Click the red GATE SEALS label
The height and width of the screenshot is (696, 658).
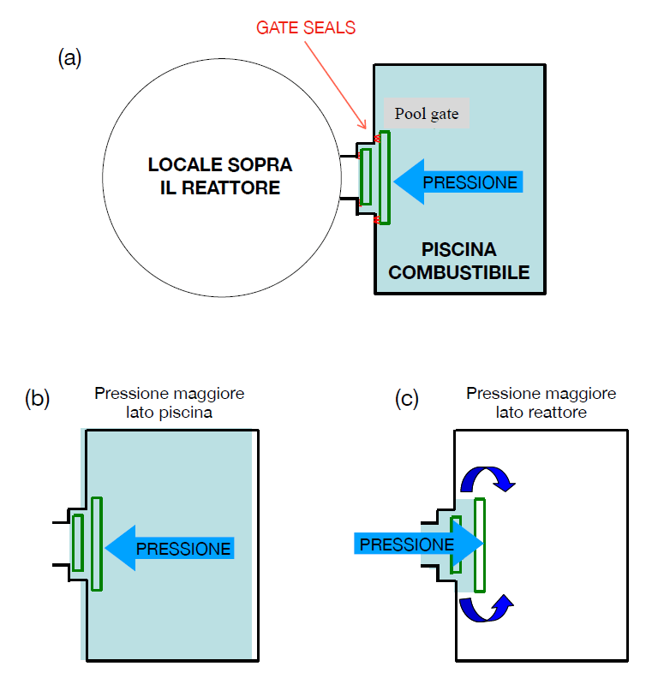coord(306,28)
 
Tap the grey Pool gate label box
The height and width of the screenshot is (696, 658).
coord(427,113)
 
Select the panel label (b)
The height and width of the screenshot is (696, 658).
coord(38,398)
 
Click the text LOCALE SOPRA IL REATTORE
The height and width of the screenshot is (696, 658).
coord(220,175)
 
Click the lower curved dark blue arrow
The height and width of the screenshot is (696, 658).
coord(488,609)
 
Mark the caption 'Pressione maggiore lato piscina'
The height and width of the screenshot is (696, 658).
coord(170,402)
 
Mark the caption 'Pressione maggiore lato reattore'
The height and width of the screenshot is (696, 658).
coord(541,402)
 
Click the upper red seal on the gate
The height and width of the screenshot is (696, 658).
coord(376,137)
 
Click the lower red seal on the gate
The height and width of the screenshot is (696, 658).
coord(376,221)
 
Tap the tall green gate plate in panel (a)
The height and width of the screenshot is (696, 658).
coord(384,177)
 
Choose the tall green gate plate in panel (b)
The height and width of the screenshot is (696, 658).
coord(97,543)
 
